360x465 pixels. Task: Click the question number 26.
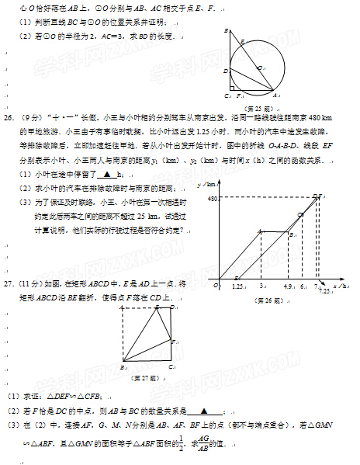coord(10,117)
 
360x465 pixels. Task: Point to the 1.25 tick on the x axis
coord(239,286)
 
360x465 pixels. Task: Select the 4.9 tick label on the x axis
coord(288,286)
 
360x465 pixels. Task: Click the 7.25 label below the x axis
coord(322,292)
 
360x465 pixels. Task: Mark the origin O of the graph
coord(217,285)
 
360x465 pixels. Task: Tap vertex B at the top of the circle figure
coord(226,31)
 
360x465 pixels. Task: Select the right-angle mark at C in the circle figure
coord(230,95)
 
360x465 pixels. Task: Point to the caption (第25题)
coord(258,107)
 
